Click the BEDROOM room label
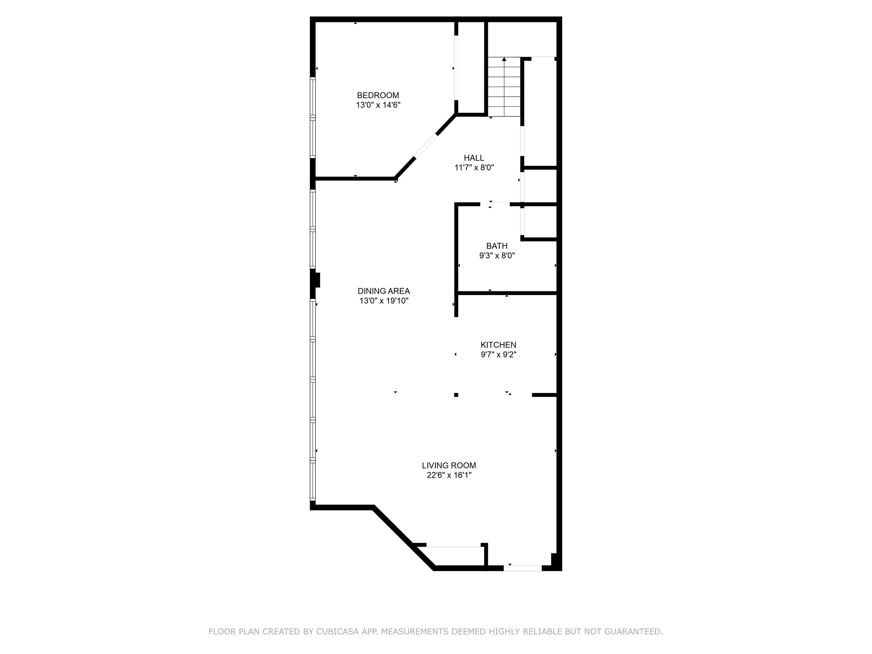[378, 95]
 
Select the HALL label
[473, 158]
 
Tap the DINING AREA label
[383, 291]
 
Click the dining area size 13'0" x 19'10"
[383, 301]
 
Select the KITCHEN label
[498, 345]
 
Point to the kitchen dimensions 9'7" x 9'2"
[498, 355]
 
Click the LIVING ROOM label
[448, 466]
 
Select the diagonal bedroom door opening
[426, 146]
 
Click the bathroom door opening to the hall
[495, 204]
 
